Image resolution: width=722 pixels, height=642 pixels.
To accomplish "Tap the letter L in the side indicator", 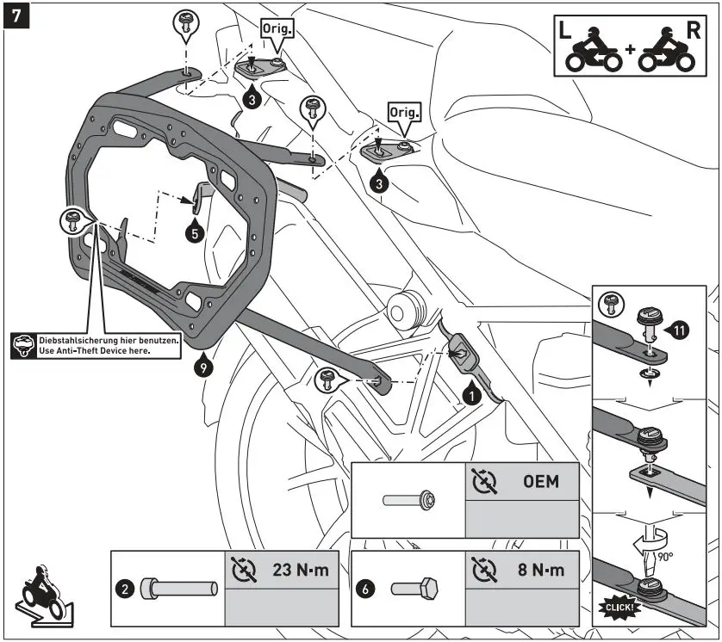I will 564,31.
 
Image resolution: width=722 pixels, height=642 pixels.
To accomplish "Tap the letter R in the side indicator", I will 694,31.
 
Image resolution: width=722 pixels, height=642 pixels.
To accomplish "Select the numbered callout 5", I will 196,231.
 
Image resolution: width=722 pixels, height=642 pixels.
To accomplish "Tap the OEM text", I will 540,481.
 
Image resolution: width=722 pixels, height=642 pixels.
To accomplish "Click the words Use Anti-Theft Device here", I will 95,350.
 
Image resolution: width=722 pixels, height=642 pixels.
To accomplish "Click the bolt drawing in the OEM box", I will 408,499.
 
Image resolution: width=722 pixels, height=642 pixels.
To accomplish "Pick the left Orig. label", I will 277,28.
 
